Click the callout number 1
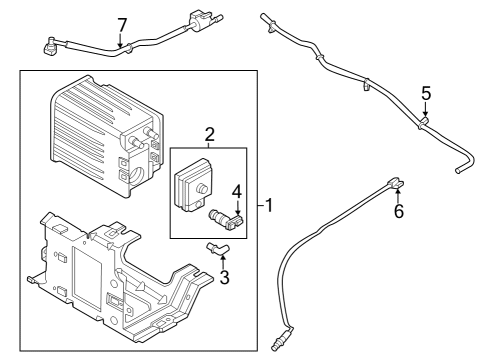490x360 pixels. [x=269, y=207]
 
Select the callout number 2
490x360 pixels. [x=210, y=135]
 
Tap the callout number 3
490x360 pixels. [x=224, y=277]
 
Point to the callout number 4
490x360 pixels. [x=237, y=191]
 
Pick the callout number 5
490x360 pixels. [x=425, y=93]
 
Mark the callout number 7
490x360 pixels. [x=122, y=23]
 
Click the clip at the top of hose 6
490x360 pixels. [x=394, y=182]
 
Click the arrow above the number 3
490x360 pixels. [x=223, y=258]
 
